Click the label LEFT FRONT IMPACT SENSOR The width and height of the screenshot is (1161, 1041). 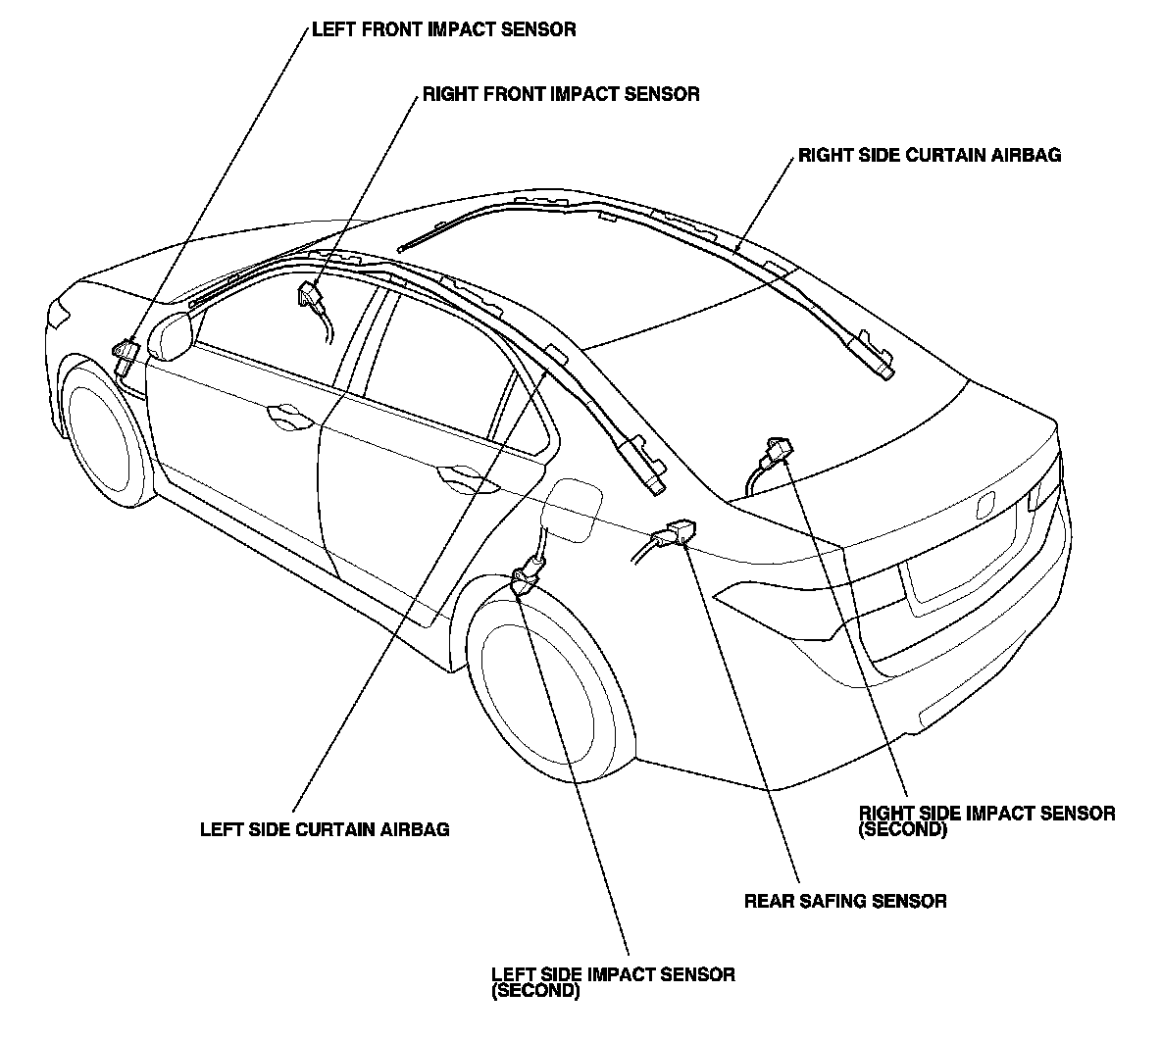click(443, 29)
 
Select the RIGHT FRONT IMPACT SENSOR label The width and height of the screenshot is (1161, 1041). click(560, 94)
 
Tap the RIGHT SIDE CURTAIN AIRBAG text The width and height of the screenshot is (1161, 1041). click(929, 155)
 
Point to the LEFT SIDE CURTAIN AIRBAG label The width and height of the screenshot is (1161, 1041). click(325, 829)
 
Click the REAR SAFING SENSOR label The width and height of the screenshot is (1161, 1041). click(845, 901)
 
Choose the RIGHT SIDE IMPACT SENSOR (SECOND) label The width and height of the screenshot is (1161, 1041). click(985, 821)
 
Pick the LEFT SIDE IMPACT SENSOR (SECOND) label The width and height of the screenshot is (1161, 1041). click(612, 982)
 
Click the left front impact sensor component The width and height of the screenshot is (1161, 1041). click(126, 356)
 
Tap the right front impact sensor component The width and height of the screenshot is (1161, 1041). click(310, 296)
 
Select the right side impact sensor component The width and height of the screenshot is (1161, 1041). click(774, 452)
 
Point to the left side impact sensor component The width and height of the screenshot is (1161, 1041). click(530, 571)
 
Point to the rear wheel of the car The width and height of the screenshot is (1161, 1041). click(546, 690)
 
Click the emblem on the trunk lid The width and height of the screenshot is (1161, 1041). click(984, 504)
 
